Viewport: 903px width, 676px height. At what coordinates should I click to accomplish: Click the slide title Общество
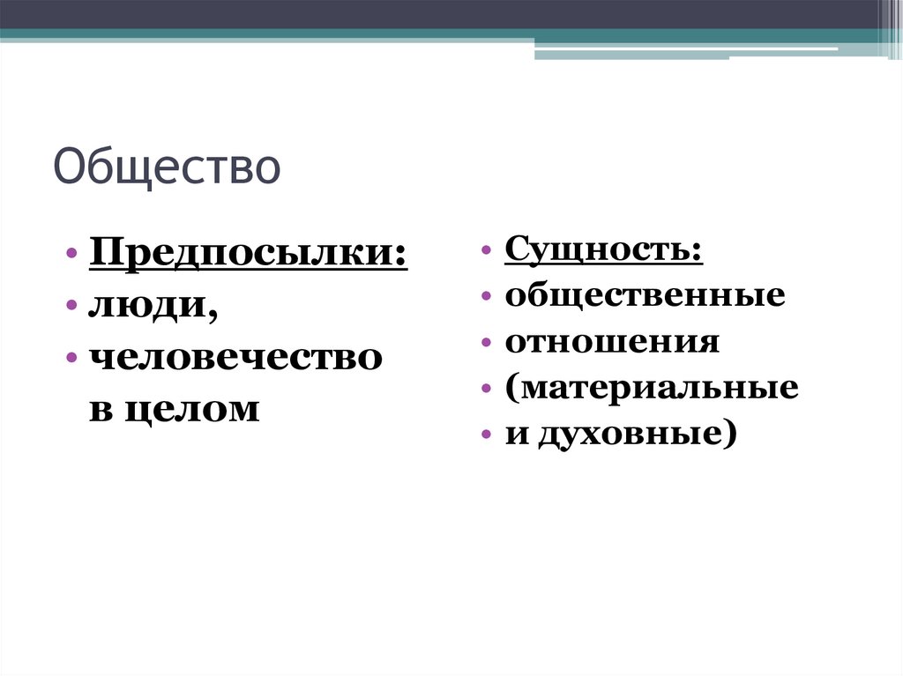(167, 167)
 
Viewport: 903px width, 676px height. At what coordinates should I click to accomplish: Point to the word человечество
(235, 357)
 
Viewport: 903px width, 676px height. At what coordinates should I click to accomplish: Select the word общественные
(645, 294)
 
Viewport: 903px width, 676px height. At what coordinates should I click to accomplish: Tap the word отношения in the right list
(612, 341)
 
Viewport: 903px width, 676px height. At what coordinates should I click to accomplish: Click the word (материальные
(652, 388)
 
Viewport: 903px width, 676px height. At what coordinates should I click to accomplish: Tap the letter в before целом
(99, 410)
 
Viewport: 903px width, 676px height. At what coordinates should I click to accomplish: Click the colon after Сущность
(698, 252)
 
